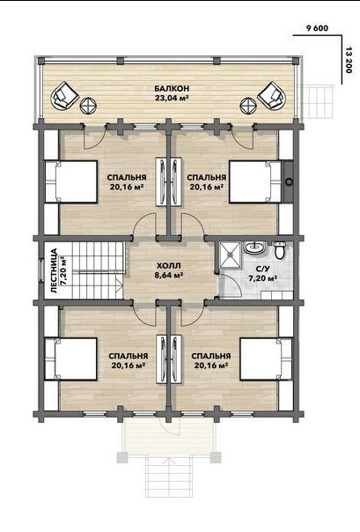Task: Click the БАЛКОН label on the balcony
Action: click(x=172, y=89)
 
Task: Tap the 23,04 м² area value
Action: click(x=172, y=99)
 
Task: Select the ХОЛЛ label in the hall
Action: click(x=168, y=265)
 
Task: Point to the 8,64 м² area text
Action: click(x=168, y=275)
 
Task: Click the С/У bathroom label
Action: click(x=262, y=270)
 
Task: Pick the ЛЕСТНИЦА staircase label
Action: click(x=53, y=270)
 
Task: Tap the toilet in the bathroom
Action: click(x=279, y=250)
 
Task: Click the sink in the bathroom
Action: click(x=255, y=248)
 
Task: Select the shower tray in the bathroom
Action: click(x=230, y=254)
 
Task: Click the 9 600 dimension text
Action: click(x=317, y=28)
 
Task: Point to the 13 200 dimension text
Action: click(x=349, y=61)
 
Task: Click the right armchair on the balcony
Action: click(x=271, y=95)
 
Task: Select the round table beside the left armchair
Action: click(x=89, y=106)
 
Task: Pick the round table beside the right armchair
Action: click(x=248, y=106)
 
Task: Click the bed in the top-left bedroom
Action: click(x=71, y=181)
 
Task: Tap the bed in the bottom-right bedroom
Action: click(x=266, y=359)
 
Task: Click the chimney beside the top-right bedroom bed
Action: click(x=289, y=181)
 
